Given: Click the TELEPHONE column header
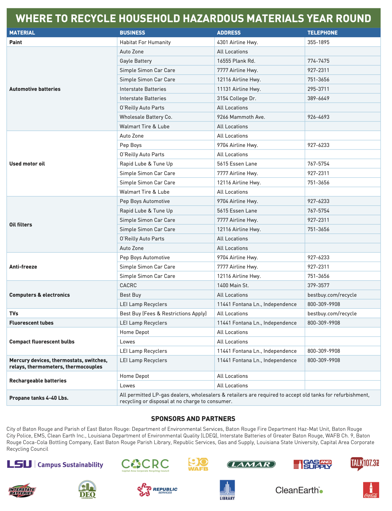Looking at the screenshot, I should click(x=322, y=33).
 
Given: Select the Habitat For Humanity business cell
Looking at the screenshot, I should click(x=145, y=42).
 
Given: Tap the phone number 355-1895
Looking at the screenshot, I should click(x=318, y=42).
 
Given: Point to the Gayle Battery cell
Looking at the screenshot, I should click(x=136, y=61).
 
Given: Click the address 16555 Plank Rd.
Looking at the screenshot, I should click(x=236, y=61).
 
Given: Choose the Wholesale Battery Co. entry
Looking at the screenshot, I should click(x=146, y=117).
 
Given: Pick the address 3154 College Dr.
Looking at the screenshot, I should click(x=236, y=98).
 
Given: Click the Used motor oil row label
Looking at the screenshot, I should click(x=27, y=164).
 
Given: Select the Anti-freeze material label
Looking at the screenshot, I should click(x=23, y=267).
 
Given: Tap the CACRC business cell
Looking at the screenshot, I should click(x=128, y=285).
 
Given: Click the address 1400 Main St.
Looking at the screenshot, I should click(x=233, y=285).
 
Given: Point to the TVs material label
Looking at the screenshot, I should click(x=14, y=313).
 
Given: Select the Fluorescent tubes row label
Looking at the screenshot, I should click(x=31, y=323).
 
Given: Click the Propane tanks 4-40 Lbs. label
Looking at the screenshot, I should click(x=39, y=398).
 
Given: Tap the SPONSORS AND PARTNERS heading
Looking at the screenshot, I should click(x=193, y=419).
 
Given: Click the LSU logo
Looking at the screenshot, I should click(x=19, y=464).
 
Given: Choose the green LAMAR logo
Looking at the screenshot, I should click(x=251, y=464).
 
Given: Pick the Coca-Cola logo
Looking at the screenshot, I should click(x=371, y=490).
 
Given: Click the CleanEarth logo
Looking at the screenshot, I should click(x=299, y=490).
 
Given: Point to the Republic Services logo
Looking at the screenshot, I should click(x=157, y=490).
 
